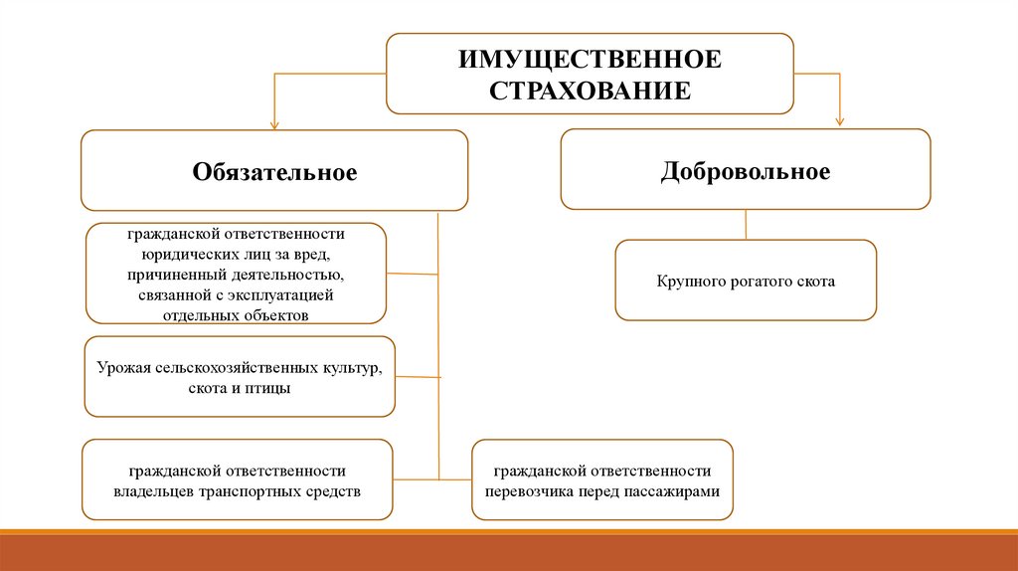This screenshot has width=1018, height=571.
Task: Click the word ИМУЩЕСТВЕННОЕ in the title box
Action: (590, 59)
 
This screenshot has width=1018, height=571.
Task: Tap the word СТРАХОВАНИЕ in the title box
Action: (590, 90)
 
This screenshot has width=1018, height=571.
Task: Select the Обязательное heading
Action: (274, 172)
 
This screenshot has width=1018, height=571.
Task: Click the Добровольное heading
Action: (746, 171)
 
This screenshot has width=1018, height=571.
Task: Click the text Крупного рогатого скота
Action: (746, 282)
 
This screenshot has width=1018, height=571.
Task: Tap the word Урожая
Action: (123, 369)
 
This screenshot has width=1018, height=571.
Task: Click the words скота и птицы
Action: (239, 388)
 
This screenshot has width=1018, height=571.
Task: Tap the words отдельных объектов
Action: (236, 315)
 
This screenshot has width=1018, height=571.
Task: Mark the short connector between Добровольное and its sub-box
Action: (746, 225)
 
